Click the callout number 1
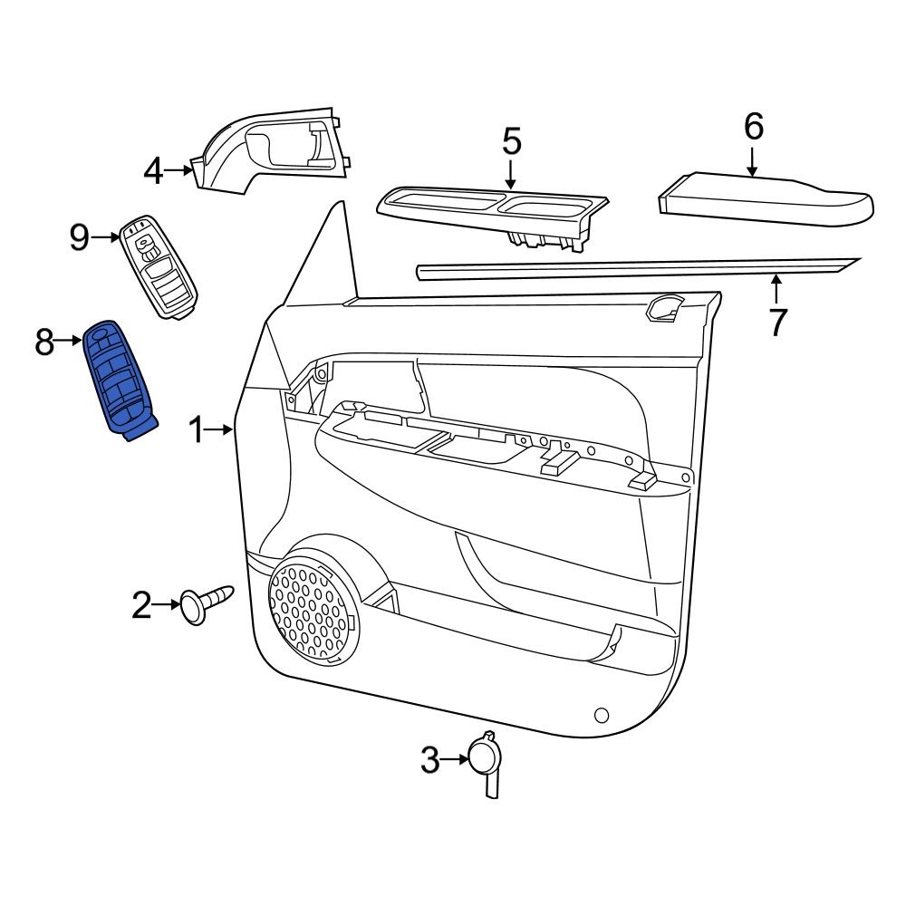coord(196,429)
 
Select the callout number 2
coord(142,604)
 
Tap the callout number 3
coord(429,759)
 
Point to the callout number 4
coord(154,170)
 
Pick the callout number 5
coord(511,142)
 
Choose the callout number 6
coord(754,127)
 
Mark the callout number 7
coord(777,322)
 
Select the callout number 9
coord(80,237)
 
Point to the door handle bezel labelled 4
coord(272,154)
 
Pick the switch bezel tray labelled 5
coord(494,214)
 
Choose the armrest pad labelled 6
coord(766,198)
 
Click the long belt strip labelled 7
coord(634,267)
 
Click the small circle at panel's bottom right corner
coord(601,716)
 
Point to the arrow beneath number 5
coord(511,175)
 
